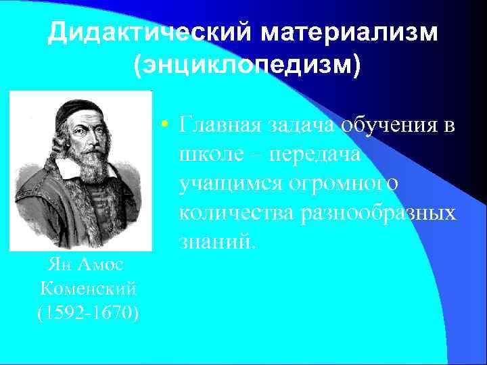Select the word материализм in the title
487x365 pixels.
click(350, 32)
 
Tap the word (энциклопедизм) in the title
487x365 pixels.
click(248, 65)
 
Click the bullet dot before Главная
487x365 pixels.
click(164, 125)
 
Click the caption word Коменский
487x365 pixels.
click(89, 289)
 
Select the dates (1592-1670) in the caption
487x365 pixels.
click(89, 313)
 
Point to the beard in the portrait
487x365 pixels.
click(95, 166)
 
